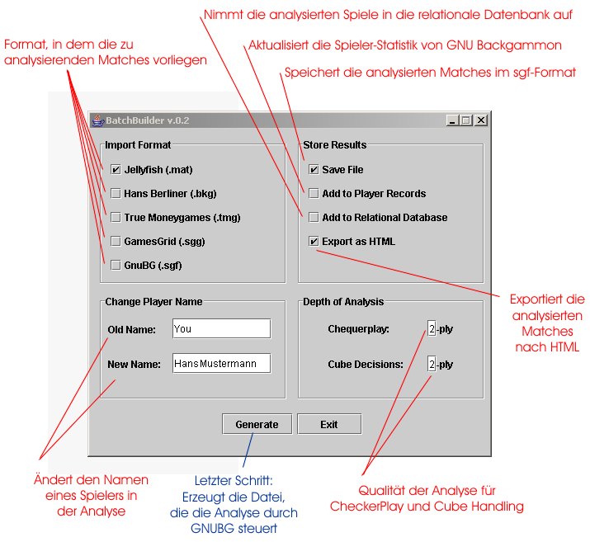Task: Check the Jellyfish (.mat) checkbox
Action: tap(116, 170)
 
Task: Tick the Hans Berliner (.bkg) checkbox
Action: tap(116, 194)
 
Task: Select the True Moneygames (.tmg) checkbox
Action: tap(116, 218)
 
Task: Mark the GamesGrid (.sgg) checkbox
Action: tap(116, 242)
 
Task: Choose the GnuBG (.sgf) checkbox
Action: tap(116, 266)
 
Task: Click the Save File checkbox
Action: tap(314, 170)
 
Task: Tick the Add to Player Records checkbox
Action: tap(314, 194)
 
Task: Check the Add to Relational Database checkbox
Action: tap(314, 218)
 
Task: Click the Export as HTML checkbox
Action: tap(314, 242)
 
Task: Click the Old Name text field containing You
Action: tap(221, 329)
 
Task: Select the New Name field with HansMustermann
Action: tap(221, 364)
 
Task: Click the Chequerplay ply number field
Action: tap(432, 329)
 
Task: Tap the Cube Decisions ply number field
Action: tap(432, 364)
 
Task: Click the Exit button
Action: tap(329, 424)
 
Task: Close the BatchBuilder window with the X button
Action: tap(480, 120)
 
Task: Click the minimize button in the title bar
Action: tap(453, 120)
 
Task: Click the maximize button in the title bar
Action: tap(466, 120)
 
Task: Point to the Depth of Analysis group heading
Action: tap(343, 302)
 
